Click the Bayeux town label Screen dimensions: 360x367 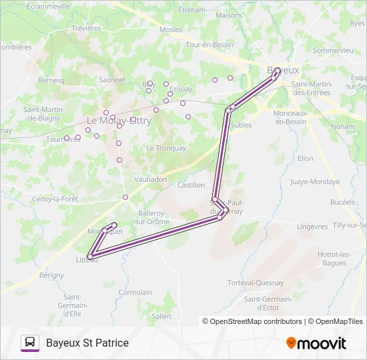(283, 69)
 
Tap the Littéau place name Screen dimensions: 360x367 (87, 260)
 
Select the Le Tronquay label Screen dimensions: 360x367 (166, 148)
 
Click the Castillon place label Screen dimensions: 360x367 (191, 185)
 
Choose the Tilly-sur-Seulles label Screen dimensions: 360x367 (350, 225)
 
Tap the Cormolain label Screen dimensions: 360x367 (135, 292)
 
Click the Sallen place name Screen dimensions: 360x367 (161, 316)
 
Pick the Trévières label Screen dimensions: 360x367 (86, 28)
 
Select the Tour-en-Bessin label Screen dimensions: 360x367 (204, 45)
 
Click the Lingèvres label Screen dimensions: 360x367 (312, 227)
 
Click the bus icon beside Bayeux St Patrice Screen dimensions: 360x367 (30, 343)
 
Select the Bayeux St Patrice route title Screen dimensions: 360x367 (87, 343)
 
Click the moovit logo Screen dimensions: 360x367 (316, 343)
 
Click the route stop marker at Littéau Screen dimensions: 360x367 (90, 255)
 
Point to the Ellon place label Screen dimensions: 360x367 (306, 159)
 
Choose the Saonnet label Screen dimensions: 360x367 (111, 79)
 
